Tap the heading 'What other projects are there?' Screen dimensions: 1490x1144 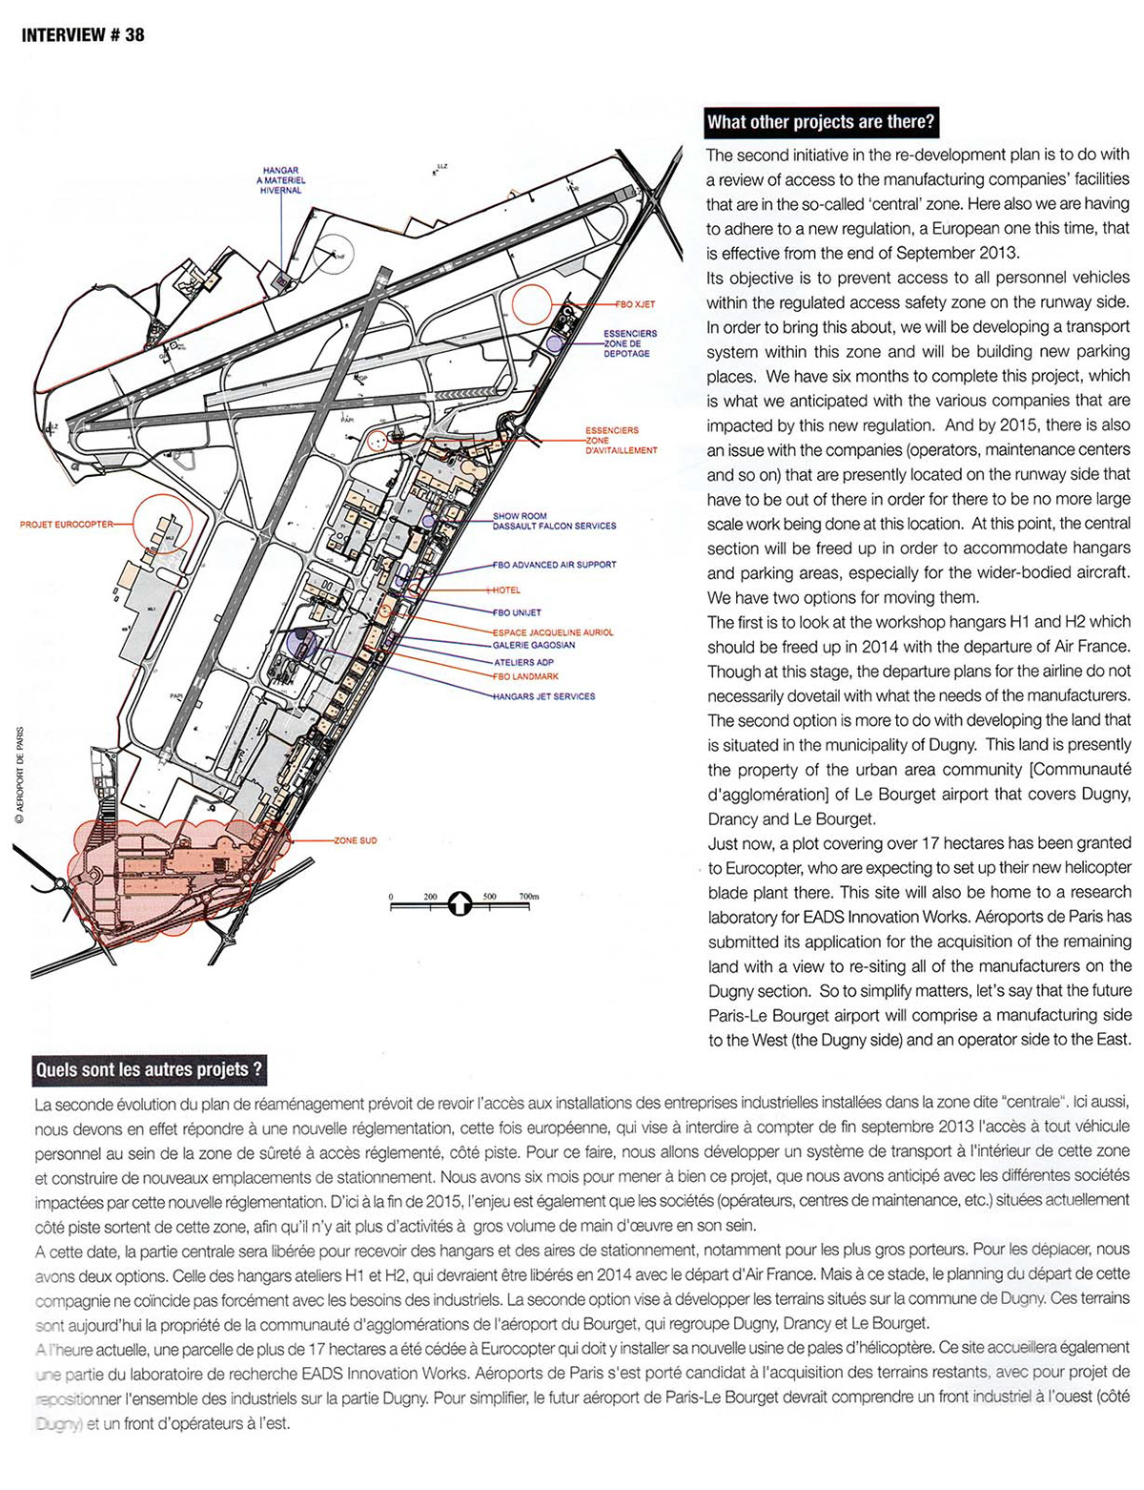pyautogui.click(x=819, y=122)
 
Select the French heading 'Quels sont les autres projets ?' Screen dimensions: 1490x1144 pyautogui.click(x=148, y=1069)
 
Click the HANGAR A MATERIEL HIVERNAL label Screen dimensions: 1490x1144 pyautogui.click(x=281, y=180)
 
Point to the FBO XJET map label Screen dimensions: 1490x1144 pyautogui.click(x=636, y=304)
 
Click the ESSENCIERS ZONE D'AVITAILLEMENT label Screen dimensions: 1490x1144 pyautogui.click(x=621, y=440)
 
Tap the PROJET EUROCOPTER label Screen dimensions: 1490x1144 pyautogui.click(x=66, y=525)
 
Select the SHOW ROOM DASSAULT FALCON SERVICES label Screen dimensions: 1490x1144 pyautogui.click(x=554, y=521)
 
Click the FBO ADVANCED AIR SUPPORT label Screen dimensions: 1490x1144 pyautogui.click(x=554, y=565)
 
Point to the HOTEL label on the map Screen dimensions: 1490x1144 pyautogui.click(x=506, y=590)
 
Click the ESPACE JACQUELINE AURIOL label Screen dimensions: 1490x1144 pyautogui.click(x=553, y=632)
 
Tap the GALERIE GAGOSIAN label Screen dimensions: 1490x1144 pyautogui.click(x=534, y=645)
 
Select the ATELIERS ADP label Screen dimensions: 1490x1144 pyautogui.click(x=523, y=662)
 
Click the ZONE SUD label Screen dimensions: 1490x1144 pyautogui.click(x=356, y=840)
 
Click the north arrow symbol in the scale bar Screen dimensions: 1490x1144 pyautogui.click(x=460, y=902)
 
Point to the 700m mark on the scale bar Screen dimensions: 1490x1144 pyautogui.click(x=528, y=898)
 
